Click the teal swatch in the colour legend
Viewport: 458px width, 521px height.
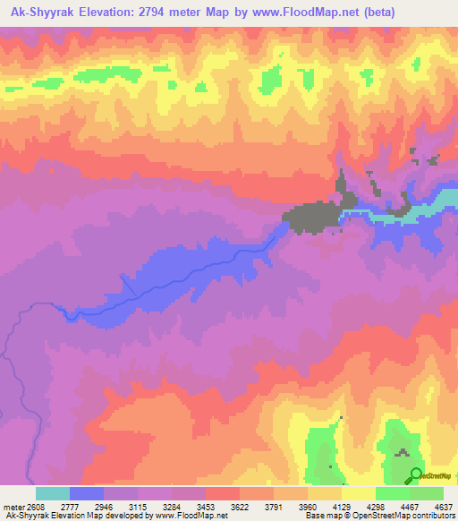click(x=53, y=493)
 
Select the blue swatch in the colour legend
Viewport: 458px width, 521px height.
click(x=87, y=493)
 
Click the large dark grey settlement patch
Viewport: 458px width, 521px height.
click(x=309, y=217)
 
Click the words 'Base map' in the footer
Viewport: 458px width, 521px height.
click(x=318, y=516)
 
